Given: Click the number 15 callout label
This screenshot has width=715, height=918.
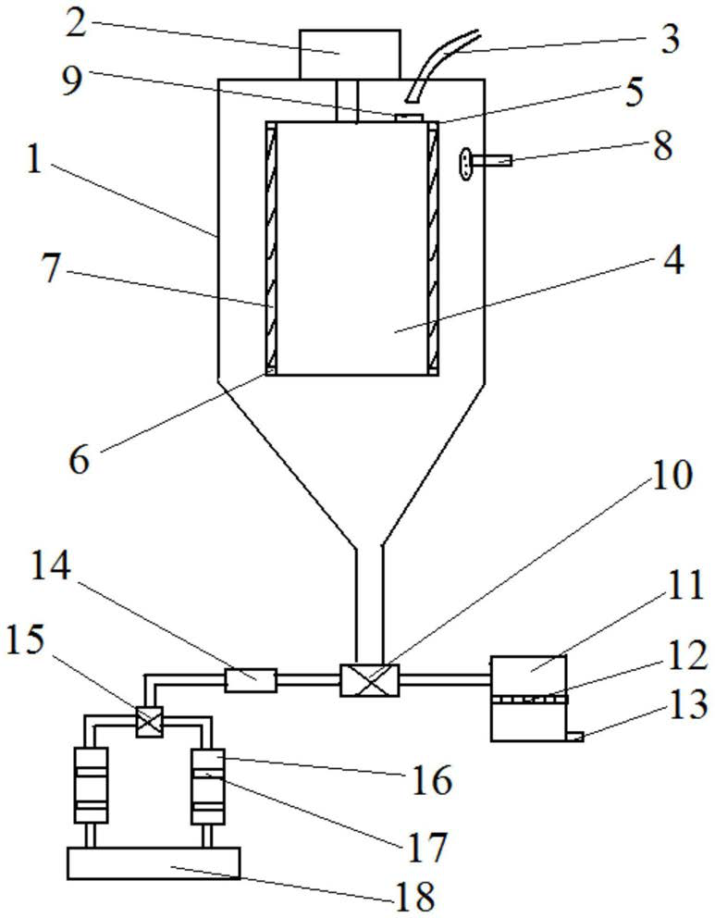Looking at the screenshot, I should click(x=27, y=640).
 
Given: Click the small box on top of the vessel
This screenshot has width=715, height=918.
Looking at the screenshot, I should click(x=350, y=54).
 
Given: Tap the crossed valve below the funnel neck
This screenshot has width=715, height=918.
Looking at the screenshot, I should click(x=369, y=681).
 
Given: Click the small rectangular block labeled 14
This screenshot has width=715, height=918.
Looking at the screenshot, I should click(x=251, y=681).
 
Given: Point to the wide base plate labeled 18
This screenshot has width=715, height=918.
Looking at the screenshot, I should click(x=154, y=862).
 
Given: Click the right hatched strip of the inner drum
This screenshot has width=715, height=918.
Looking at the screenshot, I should click(x=431, y=248).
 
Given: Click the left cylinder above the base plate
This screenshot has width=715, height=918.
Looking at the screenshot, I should click(x=90, y=785).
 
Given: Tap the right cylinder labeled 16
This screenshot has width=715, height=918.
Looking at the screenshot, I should click(x=206, y=785).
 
